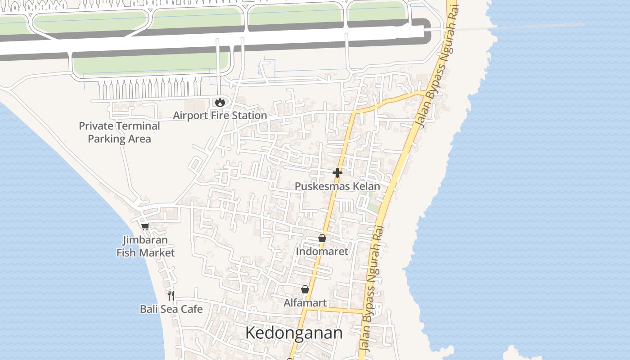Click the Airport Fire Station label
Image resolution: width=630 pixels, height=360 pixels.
[x=220, y=116]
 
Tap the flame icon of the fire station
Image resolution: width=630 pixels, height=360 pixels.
[x=220, y=103]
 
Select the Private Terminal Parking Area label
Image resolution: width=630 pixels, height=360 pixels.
[x=119, y=132]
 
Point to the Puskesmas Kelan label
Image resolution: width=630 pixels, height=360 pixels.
[x=337, y=186]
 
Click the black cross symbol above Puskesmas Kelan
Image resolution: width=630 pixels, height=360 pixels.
[x=337, y=172]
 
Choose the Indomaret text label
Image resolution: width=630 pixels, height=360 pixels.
[x=322, y=252]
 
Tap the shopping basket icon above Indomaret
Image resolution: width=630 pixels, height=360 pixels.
[x=322, y=238]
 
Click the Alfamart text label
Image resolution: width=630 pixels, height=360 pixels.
[x=305, y=303]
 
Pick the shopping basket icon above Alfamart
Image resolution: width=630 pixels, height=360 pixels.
[x=305, y=289]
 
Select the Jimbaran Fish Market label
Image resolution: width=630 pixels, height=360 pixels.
[x=145, y=247]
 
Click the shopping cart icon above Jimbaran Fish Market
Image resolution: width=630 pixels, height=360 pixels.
[x=145, y=226]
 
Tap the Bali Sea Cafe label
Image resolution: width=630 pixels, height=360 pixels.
[x=171, y=309]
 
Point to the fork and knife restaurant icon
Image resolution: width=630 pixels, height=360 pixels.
[x=171, y=295]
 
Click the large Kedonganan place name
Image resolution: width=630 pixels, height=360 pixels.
[x=293, y=333]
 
